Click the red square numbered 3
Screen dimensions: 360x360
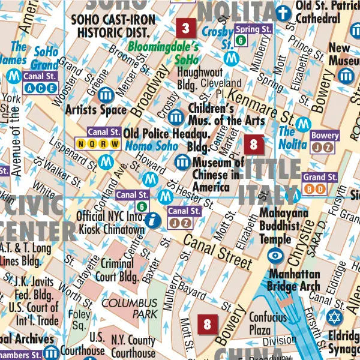coord(185,28)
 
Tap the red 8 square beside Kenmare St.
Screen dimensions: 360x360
coord(254,144)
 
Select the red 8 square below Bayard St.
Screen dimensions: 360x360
coord(208,325)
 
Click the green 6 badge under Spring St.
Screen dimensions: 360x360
coord(241,40)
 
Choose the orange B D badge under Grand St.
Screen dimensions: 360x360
coord(313,189)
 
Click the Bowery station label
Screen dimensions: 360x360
coord(325,136)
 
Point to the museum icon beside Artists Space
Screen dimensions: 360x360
coord(106,94)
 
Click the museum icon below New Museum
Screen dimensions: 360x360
coord(346,76)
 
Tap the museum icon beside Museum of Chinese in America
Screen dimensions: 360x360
coord(182,161)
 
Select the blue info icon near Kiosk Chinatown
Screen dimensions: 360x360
coord(154,220)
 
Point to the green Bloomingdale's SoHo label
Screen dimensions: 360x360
coord(163,53)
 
